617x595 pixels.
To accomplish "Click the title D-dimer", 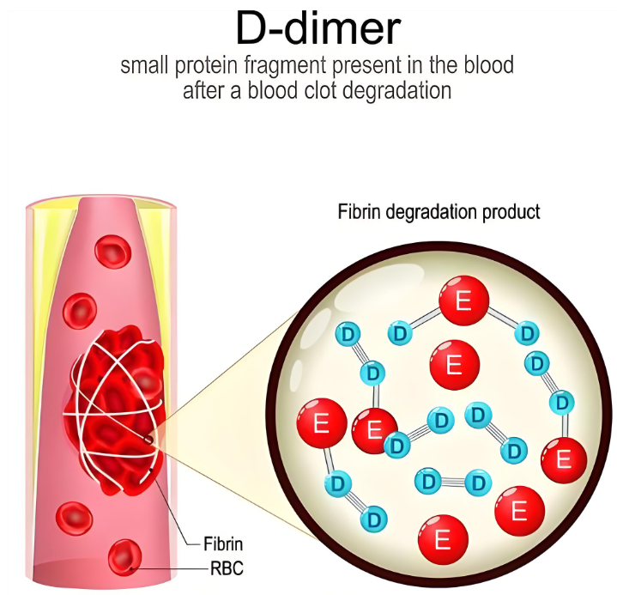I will point(318,27).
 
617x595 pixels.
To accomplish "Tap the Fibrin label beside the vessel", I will point(223,543).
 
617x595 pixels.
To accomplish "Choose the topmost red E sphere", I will point(464,301).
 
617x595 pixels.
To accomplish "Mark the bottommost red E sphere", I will point(443,538).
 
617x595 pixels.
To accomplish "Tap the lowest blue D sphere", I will point(375,519).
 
